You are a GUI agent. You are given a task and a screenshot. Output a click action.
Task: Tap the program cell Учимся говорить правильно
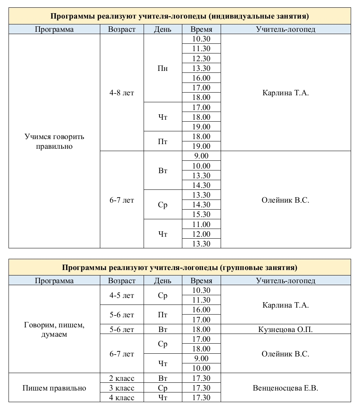pos(54,141)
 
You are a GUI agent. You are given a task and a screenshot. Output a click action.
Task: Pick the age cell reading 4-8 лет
pos(122,93)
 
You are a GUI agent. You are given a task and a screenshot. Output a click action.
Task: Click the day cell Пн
pos(163,68)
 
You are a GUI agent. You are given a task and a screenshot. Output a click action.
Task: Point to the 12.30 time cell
pos(201,59)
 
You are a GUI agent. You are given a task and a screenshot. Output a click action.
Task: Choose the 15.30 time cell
pos(201,215)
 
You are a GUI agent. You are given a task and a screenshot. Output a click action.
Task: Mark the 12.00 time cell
pos(201,234)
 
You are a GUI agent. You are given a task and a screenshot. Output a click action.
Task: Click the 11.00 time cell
pos(201,224)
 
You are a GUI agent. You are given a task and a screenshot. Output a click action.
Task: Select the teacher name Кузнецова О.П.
pos(285,330)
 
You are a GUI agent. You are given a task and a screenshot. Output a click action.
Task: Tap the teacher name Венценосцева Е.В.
pos(285,388)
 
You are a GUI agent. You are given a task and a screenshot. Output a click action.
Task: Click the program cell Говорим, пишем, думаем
pos(54,330)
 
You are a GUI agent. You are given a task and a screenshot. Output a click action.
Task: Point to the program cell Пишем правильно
pos(54,388)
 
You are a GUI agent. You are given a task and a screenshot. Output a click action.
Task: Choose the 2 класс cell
pos(122,378)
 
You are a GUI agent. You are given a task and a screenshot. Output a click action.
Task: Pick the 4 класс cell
pos(122,398)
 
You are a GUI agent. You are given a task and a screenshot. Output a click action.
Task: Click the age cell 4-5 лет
pos(122,296)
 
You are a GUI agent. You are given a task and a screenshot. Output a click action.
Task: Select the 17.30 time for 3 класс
pos(201,388)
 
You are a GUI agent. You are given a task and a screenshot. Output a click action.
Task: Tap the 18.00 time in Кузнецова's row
pos(201,330)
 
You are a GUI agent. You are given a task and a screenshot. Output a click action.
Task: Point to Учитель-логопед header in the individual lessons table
pos(285,29)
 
